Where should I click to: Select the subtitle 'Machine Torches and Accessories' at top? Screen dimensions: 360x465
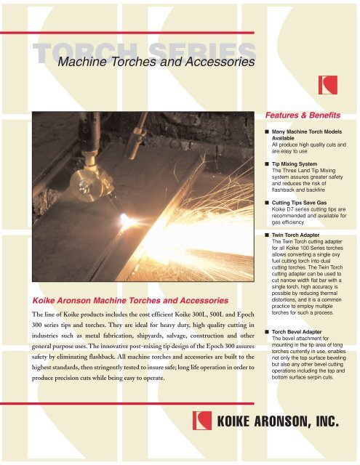155,64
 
